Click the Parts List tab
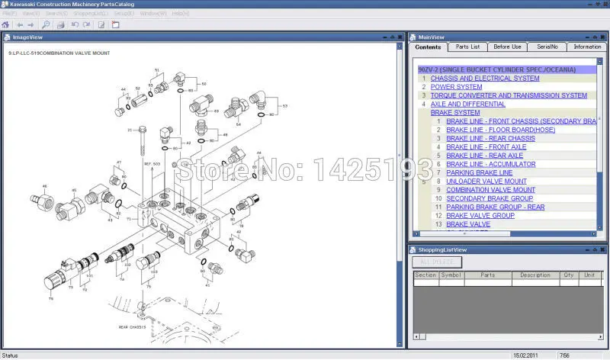tap(467, 47)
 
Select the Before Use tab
tap(507, 47)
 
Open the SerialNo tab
tap(547, 47)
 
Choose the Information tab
tap(587, 47)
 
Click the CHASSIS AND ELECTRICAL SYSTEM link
tap(485, 79)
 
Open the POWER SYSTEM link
tap(456, 87)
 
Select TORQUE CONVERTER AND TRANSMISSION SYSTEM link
tap(509, 95)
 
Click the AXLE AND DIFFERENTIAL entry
tap(467, 104)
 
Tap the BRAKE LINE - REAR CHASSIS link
tap(490, 138)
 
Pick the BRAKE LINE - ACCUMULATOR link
tap(490, 164)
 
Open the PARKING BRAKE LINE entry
tap(479, 172)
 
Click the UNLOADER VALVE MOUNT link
tap(486, 182)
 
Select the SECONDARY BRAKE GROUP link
tap(490, 198)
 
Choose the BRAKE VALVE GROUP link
tap(480, 216)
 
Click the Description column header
tap(535, 275)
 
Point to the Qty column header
tap(568, 275)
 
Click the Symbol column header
tap(451, 275)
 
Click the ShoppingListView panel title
tap(444, 249)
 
